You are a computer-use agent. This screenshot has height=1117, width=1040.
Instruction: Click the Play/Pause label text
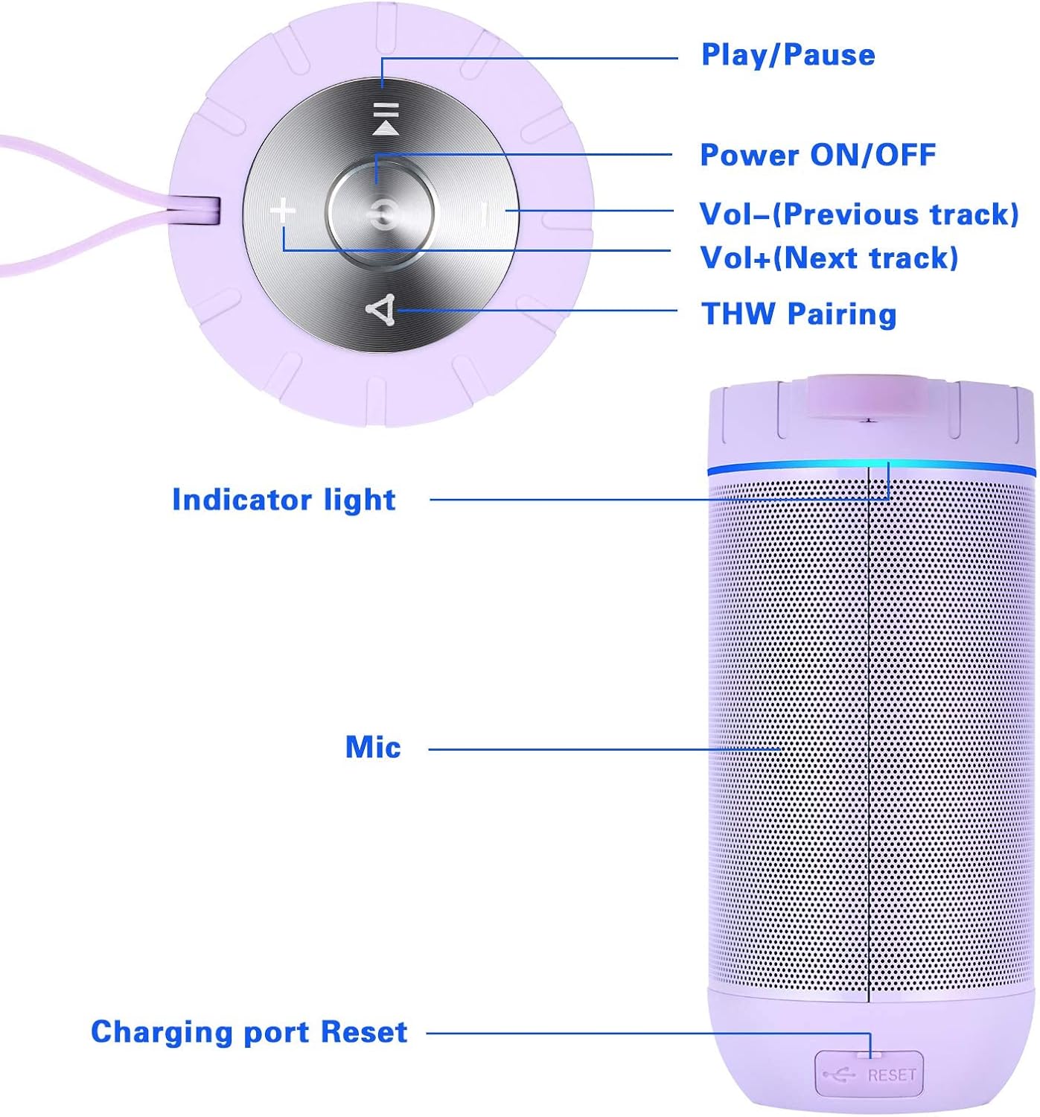tap(788, 55)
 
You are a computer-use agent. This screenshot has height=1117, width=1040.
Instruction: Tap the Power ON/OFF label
tap(817, 155)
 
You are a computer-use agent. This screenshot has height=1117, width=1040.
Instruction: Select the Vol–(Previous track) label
tap(858, 214)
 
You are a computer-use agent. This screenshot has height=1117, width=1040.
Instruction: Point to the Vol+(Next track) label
tap(829, 258)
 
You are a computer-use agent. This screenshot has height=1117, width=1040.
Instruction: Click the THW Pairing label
tap(799, 314)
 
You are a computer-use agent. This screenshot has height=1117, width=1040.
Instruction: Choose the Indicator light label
tap(284, 500)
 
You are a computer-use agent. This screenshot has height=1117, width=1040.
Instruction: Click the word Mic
tap(373, 747)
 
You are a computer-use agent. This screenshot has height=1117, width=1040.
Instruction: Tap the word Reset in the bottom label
tap(364, 1032)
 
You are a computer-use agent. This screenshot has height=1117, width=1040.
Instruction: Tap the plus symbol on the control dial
tap(283, 212)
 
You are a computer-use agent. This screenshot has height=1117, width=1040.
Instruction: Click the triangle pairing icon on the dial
tap(381, 310)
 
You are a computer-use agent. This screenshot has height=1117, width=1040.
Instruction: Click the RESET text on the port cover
tap(891, 1075)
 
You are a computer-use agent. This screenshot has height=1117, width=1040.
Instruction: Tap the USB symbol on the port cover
tap(839, 1075)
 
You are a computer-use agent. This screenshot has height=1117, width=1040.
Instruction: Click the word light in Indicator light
tap(360, 500)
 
